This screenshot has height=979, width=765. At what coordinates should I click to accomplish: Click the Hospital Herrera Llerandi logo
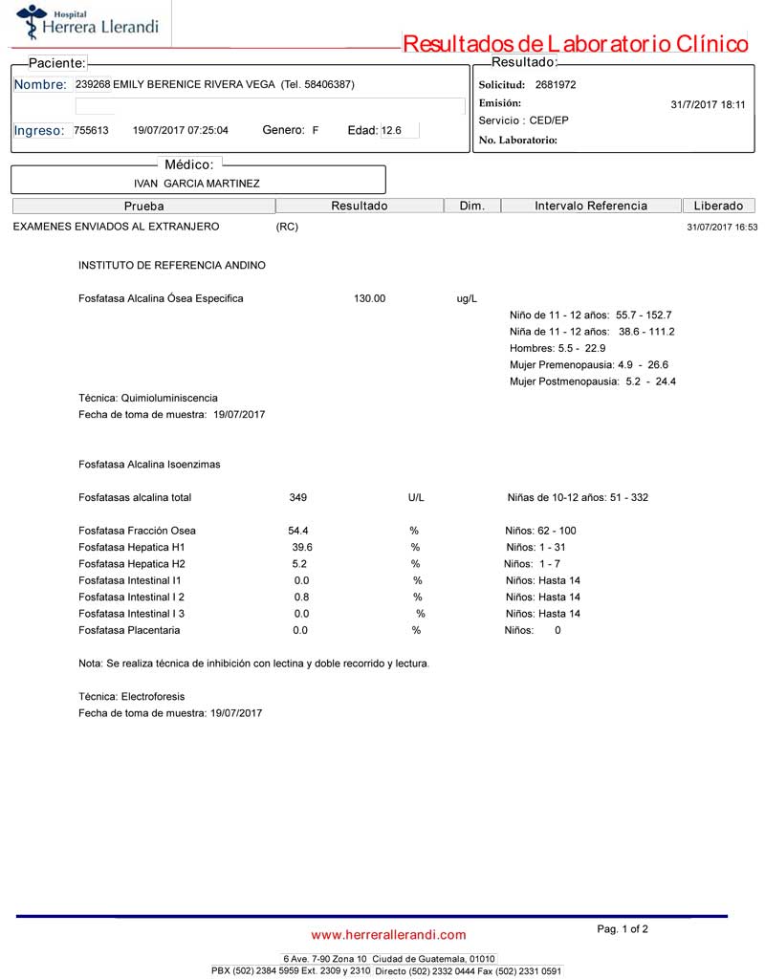(86, 23)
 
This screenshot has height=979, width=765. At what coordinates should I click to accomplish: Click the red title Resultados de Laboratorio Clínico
(575, 44)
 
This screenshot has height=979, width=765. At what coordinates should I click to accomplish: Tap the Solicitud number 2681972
(556, 84)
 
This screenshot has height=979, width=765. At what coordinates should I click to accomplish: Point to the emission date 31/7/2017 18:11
(708, 105)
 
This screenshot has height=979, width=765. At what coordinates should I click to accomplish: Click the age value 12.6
(392, 130)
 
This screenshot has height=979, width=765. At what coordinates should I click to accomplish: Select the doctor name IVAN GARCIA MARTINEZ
(197, 183)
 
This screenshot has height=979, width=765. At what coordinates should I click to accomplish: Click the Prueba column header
(144, 206)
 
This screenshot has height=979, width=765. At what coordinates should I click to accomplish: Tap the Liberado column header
(718, 206)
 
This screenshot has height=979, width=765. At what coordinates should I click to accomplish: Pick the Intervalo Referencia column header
(591, 206)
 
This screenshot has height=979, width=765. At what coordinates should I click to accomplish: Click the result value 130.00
(369, 298)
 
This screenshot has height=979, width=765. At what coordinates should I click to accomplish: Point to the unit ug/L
(467, 299)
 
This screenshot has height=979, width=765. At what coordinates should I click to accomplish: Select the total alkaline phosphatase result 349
(297, 497)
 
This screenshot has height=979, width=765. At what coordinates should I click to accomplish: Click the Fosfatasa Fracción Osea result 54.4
(297, 531)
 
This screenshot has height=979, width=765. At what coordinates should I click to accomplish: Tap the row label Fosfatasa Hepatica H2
(132, 564)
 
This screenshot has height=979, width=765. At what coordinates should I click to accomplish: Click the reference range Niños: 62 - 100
(540, 531)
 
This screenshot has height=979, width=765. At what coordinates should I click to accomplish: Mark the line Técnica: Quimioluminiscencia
(148, 398)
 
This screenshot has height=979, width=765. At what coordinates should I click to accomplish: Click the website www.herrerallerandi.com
(388, 934)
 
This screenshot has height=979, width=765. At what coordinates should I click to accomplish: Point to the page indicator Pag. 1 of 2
(623, 928)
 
